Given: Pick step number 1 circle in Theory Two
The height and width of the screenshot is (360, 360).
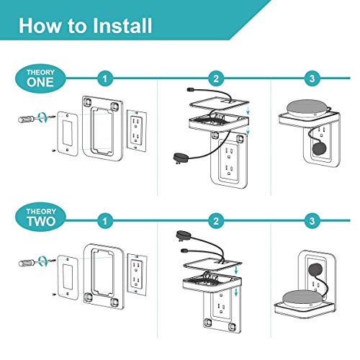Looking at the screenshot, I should (107, 219).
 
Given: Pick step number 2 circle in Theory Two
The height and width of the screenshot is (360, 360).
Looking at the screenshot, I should (215, 219).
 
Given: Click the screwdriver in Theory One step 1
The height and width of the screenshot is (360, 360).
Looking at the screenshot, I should (32, 118).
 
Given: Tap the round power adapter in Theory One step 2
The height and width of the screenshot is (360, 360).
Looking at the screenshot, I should (181, 157).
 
